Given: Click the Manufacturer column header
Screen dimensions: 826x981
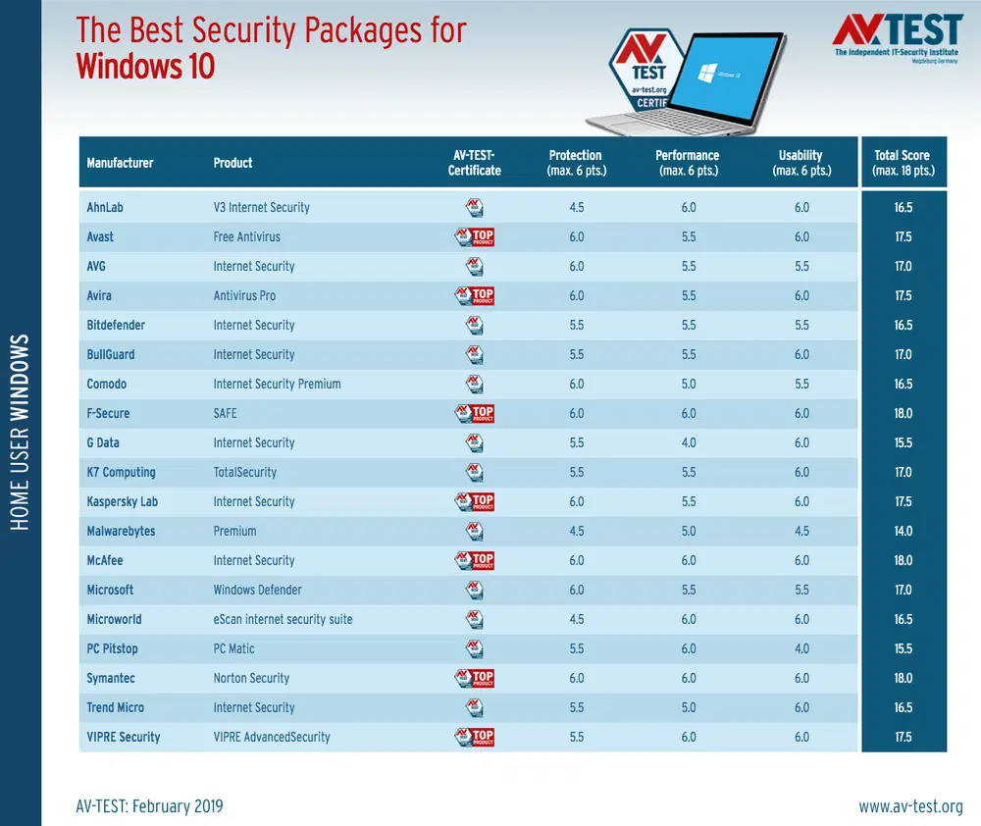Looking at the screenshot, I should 120,163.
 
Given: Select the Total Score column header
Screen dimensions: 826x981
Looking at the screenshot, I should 903,163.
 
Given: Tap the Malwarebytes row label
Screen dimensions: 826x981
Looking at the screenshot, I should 121,531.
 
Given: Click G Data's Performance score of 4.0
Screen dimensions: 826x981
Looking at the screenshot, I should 688,442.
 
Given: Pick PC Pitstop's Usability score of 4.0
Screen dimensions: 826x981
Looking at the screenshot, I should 801,648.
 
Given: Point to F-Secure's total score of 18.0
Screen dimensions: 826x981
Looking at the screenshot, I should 903,413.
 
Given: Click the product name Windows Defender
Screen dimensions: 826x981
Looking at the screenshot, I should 257,590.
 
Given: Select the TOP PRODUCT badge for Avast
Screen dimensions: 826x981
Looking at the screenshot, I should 475,236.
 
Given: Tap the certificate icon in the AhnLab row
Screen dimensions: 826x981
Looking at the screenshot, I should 475,207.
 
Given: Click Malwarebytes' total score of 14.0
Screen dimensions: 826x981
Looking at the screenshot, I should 903,531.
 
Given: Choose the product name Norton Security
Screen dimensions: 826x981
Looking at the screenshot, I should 251,678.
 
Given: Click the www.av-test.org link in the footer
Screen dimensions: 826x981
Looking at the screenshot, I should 910,806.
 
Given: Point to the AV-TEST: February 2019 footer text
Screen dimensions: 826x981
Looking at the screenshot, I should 149,806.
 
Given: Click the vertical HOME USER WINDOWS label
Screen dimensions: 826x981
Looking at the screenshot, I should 21,432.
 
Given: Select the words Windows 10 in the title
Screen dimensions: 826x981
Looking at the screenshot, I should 145,67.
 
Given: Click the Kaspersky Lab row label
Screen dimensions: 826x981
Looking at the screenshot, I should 122,501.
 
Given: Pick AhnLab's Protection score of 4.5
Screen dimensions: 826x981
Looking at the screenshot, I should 576,207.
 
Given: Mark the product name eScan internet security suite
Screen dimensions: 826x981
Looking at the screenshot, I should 283,619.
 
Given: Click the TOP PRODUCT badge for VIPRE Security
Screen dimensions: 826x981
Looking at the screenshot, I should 475,737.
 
